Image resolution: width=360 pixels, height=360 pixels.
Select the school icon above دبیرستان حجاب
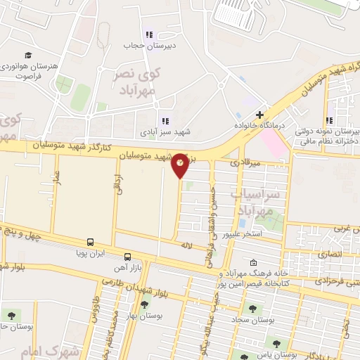pos(148,34)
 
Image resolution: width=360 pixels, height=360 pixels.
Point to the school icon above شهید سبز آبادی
pos(165,120)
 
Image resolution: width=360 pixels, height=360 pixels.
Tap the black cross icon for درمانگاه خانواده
pos(259,115)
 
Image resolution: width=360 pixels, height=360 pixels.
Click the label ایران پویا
pos(91,252)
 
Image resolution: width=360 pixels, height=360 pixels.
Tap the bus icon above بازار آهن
pos(127,257)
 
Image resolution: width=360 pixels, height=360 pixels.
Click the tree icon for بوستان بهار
pos(144,304)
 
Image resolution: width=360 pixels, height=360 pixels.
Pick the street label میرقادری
pos(247,162)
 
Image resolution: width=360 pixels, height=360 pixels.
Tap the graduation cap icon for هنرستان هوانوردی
pos(28,55)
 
